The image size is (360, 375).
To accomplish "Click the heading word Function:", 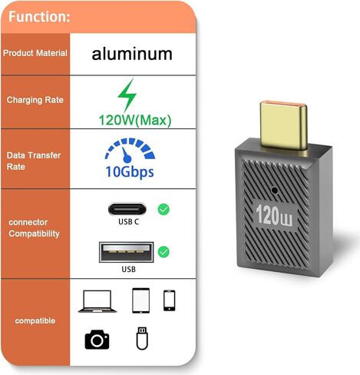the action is pyautogui.click(x=39, y=17).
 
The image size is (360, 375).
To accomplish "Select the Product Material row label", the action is pyautogui.click(x=35, y=53).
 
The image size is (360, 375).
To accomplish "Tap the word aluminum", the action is pyautogui.click(x=132, y=54).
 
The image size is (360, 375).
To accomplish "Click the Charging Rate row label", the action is pyautogui.click(x=35, y=100).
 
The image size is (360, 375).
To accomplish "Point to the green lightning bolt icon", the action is pyautogui.click(x=127, y=95).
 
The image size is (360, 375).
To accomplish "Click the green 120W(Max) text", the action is pyautogui.click(x=135, y=120).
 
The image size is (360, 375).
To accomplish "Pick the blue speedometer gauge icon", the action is pyautogui.click(x=130, y=151).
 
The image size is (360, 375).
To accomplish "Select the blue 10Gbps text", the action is pyautogui.click(x=130, y=172).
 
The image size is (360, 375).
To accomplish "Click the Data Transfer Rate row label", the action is pyautogui.click(x=34, y=161).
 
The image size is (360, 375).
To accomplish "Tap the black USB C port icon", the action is pyautogui.click(x=127, y=209).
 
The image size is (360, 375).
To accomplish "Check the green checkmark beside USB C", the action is pyautogui.click(x=163, y=210).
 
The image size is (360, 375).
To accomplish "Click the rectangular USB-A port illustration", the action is pyautogui.click(x=127, y=252).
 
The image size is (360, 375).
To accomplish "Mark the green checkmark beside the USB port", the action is pyautogui.click(x=163, y=252).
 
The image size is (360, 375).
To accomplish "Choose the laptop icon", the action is pyautogui.click(x=97, y=301).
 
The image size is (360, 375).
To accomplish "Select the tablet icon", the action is pyautogui.click(x=140, y=300).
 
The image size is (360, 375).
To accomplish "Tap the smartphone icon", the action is pyautogui.click(x=170, y=300).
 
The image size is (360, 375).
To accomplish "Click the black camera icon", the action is pyautogui.click(x=97, y=340).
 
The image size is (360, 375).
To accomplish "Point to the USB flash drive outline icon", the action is pyautogui.click(x=142, y=338).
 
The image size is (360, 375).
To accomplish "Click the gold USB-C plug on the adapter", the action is pyautogui.click(x=283, y=126).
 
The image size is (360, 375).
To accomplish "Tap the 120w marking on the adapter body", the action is pyautogui.click(x=274, y=216).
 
